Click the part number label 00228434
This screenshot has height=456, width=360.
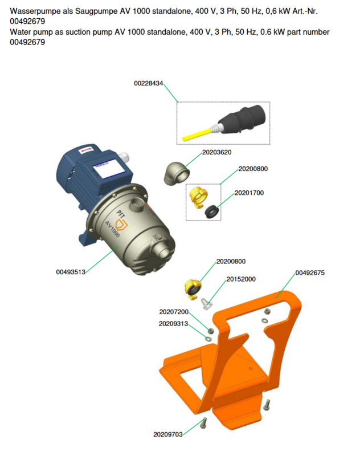149,83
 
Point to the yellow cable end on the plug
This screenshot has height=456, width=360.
197,135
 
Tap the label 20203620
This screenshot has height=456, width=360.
217,152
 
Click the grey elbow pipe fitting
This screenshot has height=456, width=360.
177,174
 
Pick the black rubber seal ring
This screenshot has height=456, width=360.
212,211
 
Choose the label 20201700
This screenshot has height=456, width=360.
249,193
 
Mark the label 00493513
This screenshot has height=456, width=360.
71,272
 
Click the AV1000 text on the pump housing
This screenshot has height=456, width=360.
112,229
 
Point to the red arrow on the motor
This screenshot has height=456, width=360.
86,150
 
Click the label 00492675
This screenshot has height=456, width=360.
310,273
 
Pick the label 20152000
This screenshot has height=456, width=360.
241,279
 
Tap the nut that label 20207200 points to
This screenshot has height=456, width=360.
211,331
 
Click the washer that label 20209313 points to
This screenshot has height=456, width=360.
208,339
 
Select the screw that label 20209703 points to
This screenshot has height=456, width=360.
204,423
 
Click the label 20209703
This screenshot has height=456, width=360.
168,434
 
